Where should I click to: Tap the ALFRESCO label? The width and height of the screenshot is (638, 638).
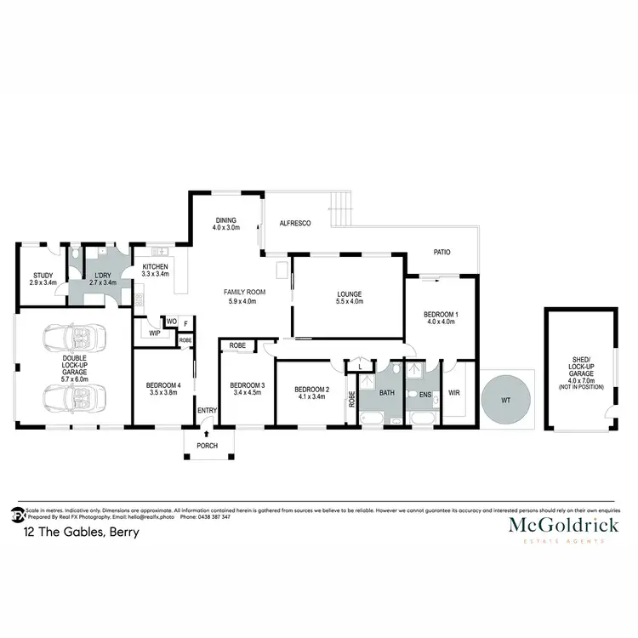(294, 224)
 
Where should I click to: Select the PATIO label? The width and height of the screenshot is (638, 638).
(441, 253)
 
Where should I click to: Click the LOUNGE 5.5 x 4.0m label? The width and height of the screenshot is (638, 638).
(350, 297)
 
